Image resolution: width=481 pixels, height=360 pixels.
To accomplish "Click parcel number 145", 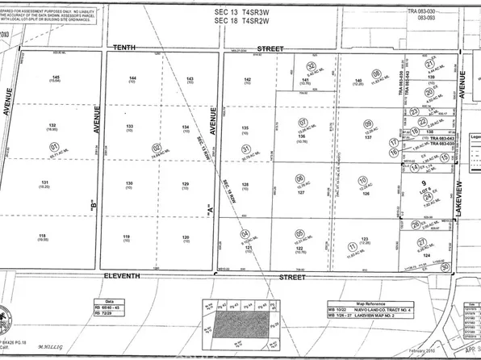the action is click(x=54, y=77).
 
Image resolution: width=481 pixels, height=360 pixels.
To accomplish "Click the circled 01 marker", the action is click(x=55, y=147).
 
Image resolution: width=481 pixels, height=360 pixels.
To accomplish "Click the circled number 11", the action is click(x=351, y=247).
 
